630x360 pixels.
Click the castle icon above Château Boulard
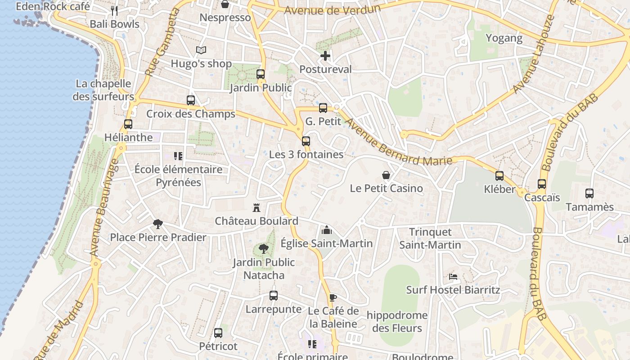coord(256,208)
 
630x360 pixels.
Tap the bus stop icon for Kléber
coord(499,176)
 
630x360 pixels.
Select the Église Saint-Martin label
coord(327,243)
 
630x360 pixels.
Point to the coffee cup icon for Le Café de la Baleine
coord(333,297)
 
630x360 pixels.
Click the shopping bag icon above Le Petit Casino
coord(386,175)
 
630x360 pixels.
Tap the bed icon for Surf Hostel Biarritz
coord(453,276)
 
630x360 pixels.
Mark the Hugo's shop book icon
coord(201,50)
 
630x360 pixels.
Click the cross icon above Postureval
coord(325,56)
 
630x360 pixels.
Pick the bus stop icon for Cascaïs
coord(542,184)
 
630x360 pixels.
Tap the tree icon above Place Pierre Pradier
coord(158,224)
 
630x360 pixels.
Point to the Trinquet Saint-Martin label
coord(430,238)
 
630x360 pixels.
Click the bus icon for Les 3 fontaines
coord(306,141)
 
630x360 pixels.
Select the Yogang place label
coord(504,38)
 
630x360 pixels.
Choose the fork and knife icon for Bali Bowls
coord(114,10)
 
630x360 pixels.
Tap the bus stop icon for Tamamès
coord(589,193)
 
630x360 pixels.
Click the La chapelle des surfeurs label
coord(103,90)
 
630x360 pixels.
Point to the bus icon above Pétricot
coord(218,333)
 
